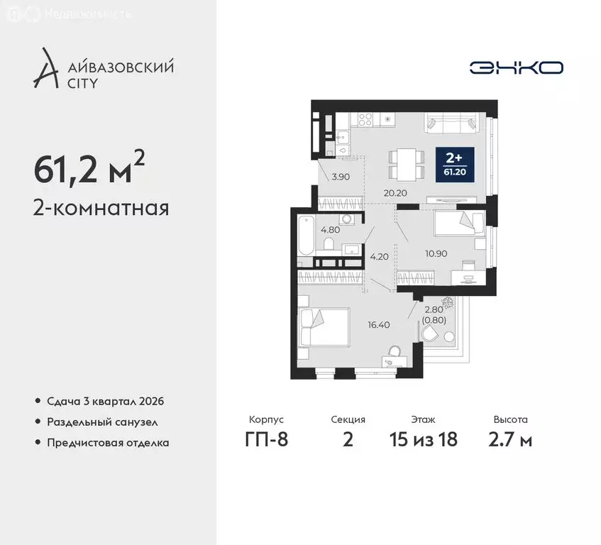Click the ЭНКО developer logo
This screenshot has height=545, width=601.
516,67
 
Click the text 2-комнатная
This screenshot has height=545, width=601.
101,209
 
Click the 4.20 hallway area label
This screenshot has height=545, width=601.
380,257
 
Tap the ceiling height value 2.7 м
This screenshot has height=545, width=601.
510,439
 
